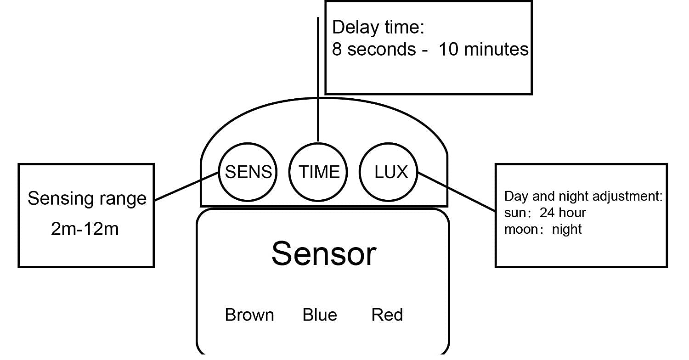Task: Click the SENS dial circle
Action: pos(248,172)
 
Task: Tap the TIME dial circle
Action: pos(319,172)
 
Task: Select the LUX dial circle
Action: pos(390,172)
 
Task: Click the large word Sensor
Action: pos(324,253)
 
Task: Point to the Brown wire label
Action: pos(249,315)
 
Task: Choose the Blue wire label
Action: pos(320,315)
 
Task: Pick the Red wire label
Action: pos(387,315)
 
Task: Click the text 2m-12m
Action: pos(85,228)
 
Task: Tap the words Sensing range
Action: pos(87,198)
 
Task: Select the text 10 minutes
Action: pos(484,49)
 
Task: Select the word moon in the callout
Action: pos(518,229)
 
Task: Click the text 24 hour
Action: pos(563,213)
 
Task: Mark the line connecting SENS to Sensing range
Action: pos(186,186)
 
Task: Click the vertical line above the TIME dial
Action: pos(318,78)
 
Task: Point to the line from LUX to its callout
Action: pos(457,192)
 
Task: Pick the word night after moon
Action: pos(567,229)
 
